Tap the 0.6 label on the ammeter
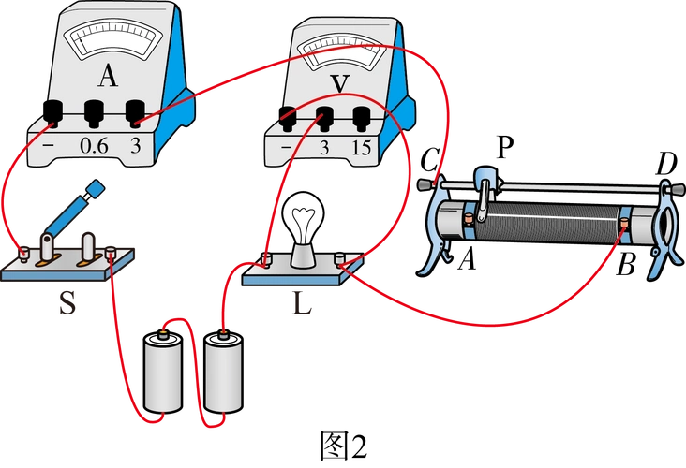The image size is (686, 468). [95, 146]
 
